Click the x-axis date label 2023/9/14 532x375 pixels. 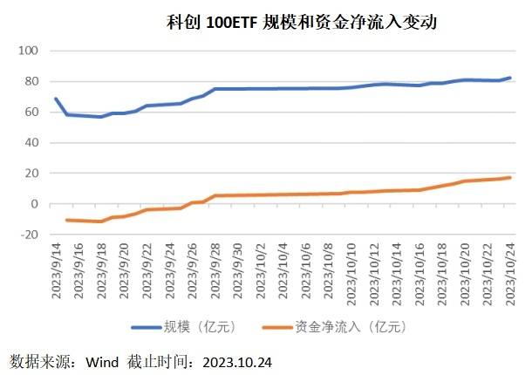(x=57, y=273)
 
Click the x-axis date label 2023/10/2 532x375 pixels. (x=262, y=271)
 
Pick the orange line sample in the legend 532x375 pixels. (x=279, y=328)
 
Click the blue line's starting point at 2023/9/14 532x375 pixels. (x=56, y=99)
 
